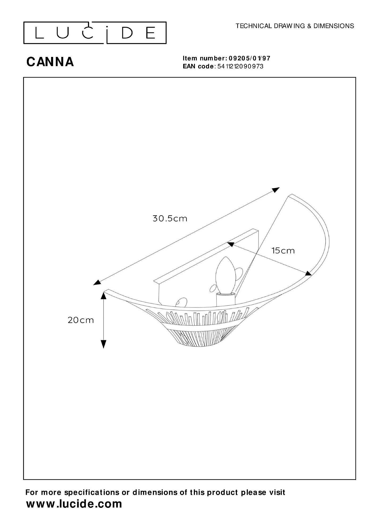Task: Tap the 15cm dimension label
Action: click(283, 251)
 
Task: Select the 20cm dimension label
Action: click(81, 320)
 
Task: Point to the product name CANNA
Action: click(50, 62)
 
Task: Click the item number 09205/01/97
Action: click(249, 58)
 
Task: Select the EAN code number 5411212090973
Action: click(240, 66)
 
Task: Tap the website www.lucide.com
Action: click(74, 504)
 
